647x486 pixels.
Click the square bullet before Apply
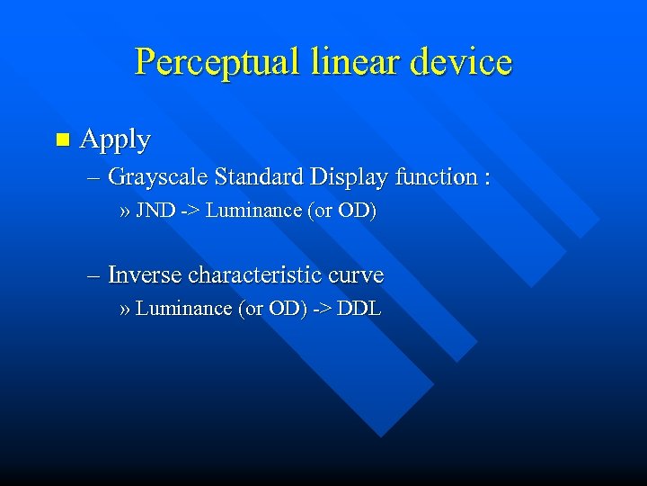point(61,139)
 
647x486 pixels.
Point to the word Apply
point(115,140)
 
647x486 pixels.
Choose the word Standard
point(260,176)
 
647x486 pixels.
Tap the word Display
point(349,177)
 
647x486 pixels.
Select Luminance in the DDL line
point(183,309)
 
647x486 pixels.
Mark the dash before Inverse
point(94,274)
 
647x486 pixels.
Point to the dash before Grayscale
point(94,177)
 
